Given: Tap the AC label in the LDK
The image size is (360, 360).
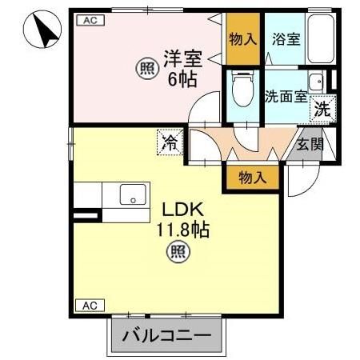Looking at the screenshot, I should point(88,306).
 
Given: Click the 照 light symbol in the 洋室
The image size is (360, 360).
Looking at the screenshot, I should point(146,69).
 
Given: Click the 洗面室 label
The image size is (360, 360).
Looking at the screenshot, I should point(286,94).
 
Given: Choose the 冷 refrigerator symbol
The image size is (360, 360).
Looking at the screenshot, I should point(170,143).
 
